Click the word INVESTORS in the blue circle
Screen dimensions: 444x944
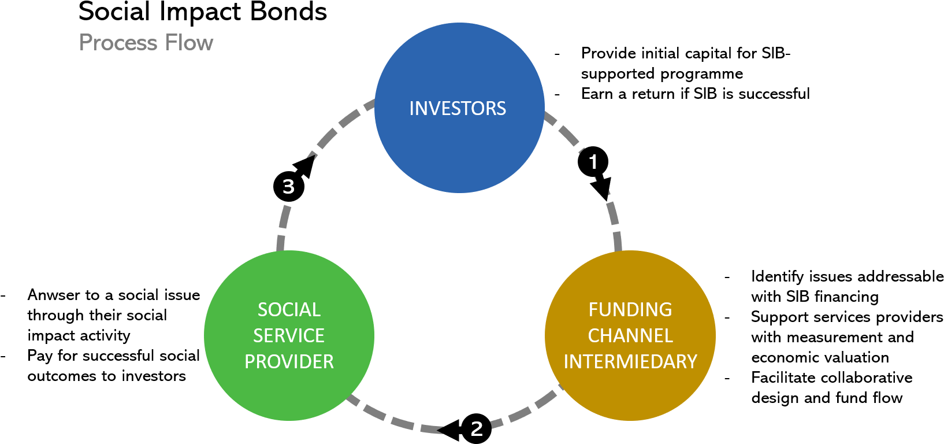(x=458, y=109)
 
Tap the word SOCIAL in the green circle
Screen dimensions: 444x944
(x=289, y=310)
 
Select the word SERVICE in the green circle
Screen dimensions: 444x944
(x=289, y=336)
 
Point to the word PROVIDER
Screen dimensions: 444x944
(x=289, y=362)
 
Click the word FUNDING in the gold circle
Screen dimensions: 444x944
(x=630, y=310)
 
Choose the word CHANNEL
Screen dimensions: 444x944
(x=630, y=336)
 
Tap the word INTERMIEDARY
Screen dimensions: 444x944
(x=630, y=362)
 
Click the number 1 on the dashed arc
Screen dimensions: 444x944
(x=593, y=162)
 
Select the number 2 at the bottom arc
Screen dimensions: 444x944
(x=477, y=429)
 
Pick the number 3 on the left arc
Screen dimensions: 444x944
(x=288, y=187)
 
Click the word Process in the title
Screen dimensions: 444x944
(x=118, y=43)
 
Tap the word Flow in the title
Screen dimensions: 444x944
(x=189, y=43)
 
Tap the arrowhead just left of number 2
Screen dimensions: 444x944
(x=442, y=430)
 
